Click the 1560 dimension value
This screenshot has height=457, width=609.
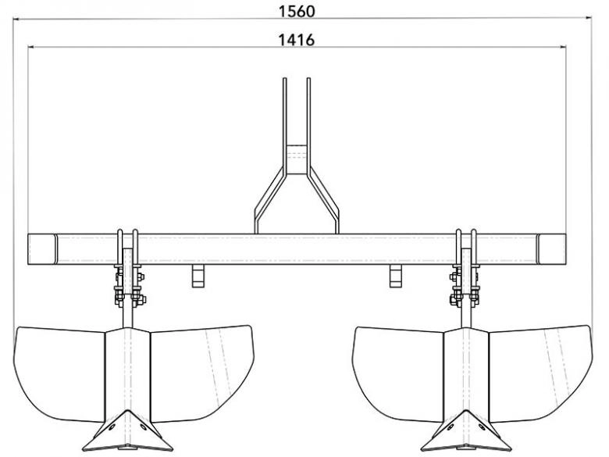point(297,11)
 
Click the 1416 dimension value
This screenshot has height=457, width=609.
point(297,40)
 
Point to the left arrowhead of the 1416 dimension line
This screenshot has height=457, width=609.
point(31,47)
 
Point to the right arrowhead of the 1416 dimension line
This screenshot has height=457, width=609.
point(562,47)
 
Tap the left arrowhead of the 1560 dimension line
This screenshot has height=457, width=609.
point(16,18)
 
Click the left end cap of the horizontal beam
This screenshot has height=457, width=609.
point(42,249)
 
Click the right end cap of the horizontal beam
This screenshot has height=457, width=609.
point(551,249)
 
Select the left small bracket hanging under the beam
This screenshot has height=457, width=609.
point(198,277)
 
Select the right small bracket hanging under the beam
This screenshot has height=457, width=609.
point(395,277)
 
